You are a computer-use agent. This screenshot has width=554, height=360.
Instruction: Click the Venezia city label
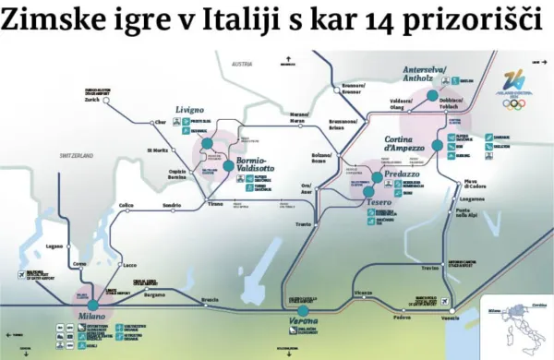[451, 318]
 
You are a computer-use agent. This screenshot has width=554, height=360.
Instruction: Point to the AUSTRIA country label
[242, 64]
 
